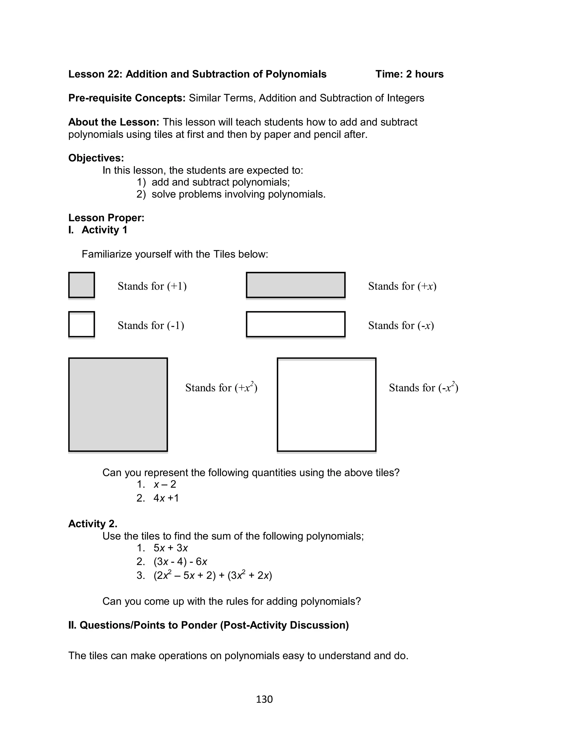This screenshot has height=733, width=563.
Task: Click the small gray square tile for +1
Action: [x=81, y=285]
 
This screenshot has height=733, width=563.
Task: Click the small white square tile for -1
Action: [x=81, y=324]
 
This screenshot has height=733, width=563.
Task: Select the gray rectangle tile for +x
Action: [x=295, y=285]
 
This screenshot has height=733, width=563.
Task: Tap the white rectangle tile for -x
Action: [x=295, y=324]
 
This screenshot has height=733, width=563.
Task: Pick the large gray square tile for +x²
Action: [x=118, y=404]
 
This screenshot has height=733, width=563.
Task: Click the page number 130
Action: [x=264, y=699]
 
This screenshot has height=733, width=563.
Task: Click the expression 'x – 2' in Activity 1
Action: [x=165, y=484]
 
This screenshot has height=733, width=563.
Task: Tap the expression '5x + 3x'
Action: [x=170, y=548]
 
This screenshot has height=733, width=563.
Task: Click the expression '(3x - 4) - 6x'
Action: [x=180, y=561]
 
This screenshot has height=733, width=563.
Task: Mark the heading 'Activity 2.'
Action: [x=92, y=523]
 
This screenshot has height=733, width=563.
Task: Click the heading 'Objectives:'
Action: [x=96, y=158]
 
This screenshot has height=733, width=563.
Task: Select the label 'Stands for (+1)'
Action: [x=152, y=286]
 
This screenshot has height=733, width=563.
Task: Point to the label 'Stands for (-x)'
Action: [x=401, y=325]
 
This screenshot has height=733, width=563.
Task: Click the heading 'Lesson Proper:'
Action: [x=106, y=218]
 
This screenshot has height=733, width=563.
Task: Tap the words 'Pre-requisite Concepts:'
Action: [x=127, y=98]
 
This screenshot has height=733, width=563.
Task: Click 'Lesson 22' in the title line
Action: [x=95, y=74]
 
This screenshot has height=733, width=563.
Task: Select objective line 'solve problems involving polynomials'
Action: [x=238, y=194]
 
